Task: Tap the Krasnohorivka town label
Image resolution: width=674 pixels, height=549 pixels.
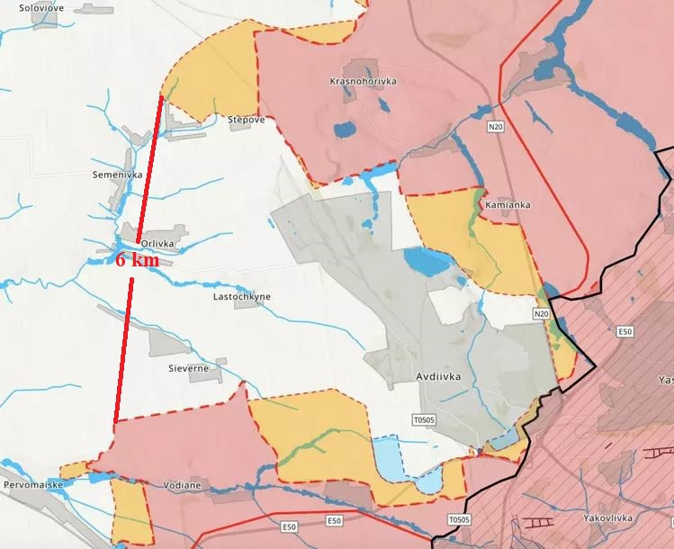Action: pos(364,81)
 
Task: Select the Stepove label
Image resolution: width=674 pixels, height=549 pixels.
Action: pos(246,119)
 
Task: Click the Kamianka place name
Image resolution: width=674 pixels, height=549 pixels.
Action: pos(508,204)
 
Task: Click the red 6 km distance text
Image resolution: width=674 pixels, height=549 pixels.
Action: pos(138,260)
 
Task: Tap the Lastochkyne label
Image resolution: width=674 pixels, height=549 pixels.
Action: pos(241,296)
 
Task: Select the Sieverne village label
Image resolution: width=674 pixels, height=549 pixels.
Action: pos(188,368)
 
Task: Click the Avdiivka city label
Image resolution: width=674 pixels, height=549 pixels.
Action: pos(440,379)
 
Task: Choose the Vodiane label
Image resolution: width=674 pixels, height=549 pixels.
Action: pos(183,485)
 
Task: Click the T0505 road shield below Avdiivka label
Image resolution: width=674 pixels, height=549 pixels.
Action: pos(423,419)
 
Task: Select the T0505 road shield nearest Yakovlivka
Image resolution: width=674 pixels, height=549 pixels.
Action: pos(459,519)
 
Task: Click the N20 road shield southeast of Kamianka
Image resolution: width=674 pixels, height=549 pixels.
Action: pos(540,313)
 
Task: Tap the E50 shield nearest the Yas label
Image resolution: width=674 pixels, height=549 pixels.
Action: pos(625,332)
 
